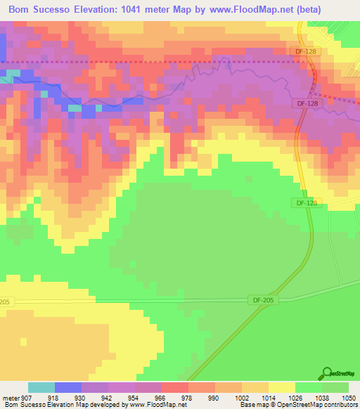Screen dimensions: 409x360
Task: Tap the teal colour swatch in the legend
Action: click(x=41, y=388)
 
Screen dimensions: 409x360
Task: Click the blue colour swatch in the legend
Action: click(x=68, y=388)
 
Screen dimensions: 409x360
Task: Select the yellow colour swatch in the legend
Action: click(x=281, y=388)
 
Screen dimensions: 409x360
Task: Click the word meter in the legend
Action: click(x=11, y=398)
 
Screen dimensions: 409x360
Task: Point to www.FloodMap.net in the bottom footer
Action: click(x=159, y=405)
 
